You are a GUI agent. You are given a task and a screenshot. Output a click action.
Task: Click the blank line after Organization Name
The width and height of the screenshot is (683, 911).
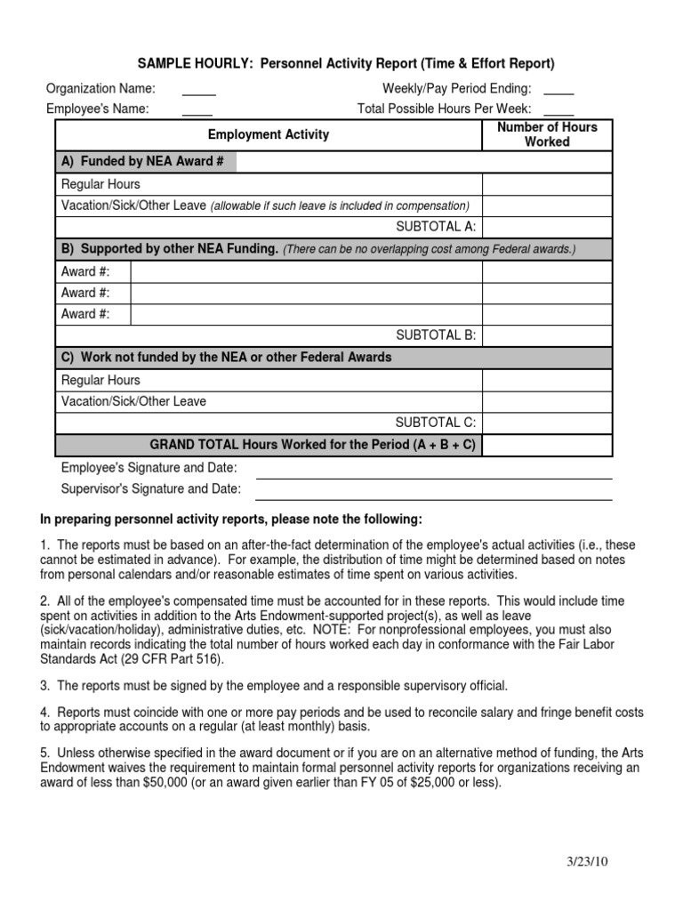199,93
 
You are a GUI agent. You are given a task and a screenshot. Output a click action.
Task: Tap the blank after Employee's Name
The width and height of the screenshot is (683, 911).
197,114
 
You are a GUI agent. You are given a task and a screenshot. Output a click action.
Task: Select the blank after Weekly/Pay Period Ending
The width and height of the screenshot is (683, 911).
558,93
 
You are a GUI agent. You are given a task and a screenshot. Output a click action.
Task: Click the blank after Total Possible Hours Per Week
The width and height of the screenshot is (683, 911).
558,114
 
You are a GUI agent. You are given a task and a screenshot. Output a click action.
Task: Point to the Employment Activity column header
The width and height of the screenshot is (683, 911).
269,135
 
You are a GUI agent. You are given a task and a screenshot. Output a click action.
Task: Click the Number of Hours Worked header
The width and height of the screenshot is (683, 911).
547,134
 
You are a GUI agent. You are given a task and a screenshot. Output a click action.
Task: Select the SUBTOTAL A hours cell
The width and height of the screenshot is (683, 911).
547,228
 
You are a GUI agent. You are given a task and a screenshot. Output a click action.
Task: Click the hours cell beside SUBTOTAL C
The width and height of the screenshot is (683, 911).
547,423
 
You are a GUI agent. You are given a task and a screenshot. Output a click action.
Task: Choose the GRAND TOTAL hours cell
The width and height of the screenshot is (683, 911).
547,444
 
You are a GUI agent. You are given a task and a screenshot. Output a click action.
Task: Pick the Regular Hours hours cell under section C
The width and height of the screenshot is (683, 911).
547,380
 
